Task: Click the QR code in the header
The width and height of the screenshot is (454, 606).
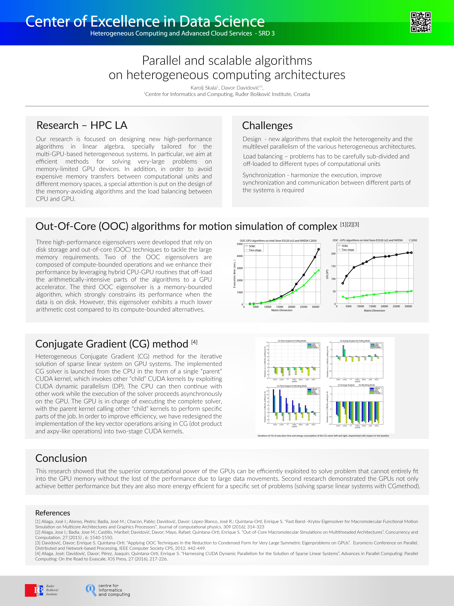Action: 421,22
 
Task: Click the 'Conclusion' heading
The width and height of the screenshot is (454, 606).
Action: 61,458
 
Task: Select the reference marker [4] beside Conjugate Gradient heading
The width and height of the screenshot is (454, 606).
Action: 194,342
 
